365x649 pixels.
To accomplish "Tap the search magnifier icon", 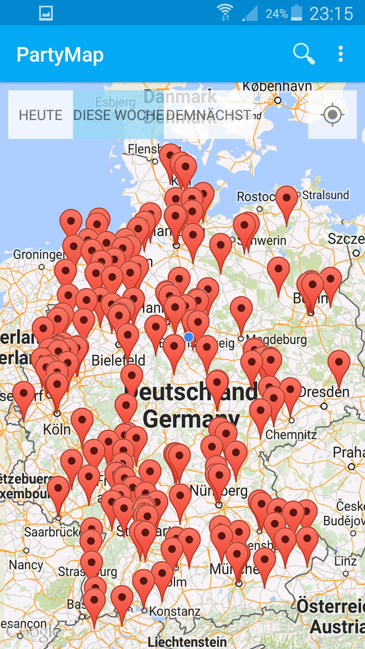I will [303, 54].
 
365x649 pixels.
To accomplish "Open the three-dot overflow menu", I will [341, 54].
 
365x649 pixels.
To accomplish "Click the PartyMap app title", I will [60, 55].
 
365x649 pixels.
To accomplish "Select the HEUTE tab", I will [41, 115].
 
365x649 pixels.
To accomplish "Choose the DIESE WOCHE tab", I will [118, 115].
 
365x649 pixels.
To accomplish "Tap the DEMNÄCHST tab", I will [209, 115].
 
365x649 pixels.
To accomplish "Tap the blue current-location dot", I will [189, 337].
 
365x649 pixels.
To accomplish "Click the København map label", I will [277, 87].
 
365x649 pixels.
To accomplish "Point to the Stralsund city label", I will [325, 195].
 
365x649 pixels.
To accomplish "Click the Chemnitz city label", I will [291, 435].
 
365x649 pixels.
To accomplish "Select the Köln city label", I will [57, 430].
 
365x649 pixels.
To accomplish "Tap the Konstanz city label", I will [175, 611].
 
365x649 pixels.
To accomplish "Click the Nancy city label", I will [26, 565].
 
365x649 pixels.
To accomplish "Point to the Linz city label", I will [345, 561].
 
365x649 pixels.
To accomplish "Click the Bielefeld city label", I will [118, 360].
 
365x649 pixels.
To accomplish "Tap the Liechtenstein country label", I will [187, 642].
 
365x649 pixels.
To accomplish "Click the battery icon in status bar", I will [296, 13].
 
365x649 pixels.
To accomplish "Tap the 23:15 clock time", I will [331, 14].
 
